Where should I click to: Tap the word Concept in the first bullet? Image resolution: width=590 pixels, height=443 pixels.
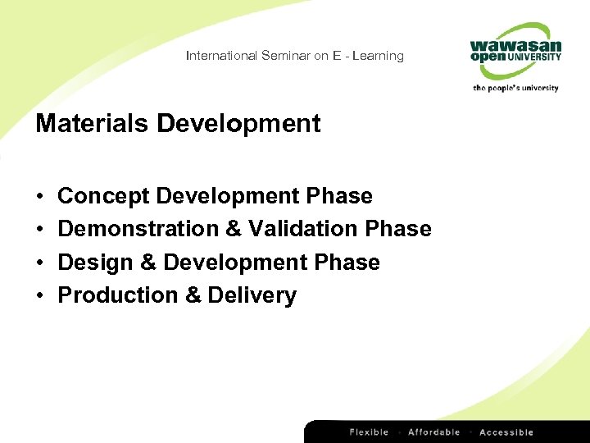[x=103, y=196]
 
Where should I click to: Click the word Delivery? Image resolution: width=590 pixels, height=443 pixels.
[x=252, y=295]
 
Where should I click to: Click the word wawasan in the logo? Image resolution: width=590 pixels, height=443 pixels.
[x=516, y=44]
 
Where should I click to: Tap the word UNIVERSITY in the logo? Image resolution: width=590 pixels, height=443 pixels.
[x=533, y=57]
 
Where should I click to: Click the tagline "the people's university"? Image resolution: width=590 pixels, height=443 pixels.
[x=515, y=88]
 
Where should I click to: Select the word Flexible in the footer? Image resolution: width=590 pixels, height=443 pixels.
[x=370, y=432]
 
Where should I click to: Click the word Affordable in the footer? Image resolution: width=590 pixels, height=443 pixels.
[x=434, y=432]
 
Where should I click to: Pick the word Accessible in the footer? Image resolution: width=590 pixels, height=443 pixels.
[x=506, y=432]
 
